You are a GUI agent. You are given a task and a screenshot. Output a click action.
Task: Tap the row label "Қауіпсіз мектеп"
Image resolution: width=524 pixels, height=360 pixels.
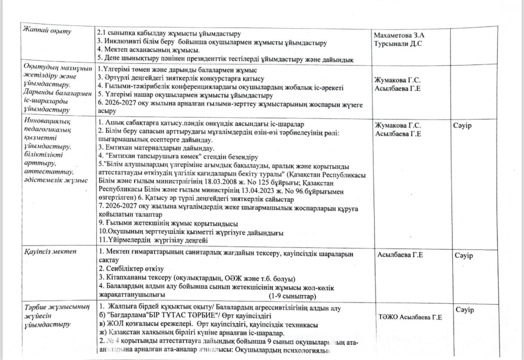click(50, 251)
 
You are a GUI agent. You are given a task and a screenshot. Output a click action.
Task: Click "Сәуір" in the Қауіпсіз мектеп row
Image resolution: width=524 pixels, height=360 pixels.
click(463, 255)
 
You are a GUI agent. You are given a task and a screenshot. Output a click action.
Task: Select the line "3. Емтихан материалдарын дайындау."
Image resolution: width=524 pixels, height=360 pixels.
click(156, 148)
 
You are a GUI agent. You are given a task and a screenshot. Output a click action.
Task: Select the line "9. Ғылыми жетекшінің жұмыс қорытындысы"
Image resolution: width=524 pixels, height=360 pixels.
click(167, 223)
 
